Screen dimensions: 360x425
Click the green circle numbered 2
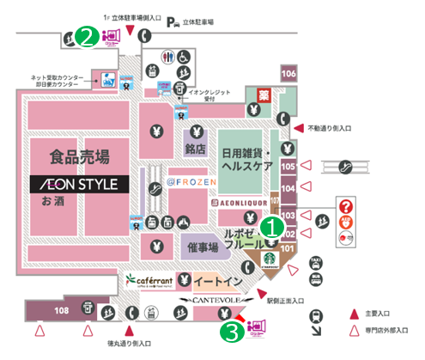pyautogui.click(x=85, y=36)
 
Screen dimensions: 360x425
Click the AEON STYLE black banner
pyautogui.click(x=79, y=184)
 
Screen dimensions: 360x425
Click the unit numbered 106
pyautogui.click(x=288, y=75)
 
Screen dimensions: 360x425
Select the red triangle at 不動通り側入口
pyautogui.click(x=300, y=127)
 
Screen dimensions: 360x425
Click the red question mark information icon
pyautogui.click(x=347, y=205)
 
